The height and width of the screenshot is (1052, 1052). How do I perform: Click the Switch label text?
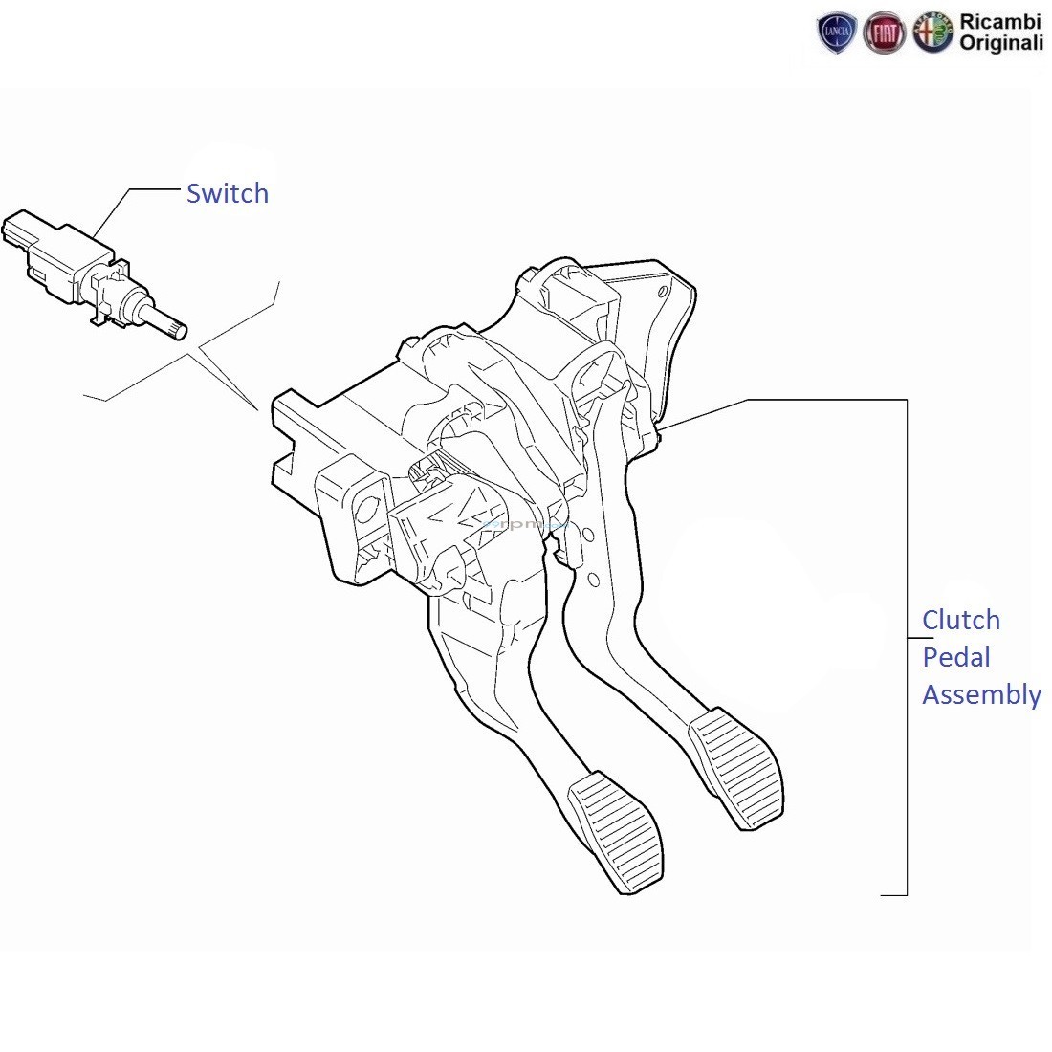pyautogui.click(x=227, y=193)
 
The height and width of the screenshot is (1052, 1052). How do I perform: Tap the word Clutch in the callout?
pyautogui.click(x=960, y=620)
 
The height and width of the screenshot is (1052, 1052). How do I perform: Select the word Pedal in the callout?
pyautogui.click(x=955, y=657)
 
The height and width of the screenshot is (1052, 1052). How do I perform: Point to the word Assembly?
pyautogui.click(x=981, y=695)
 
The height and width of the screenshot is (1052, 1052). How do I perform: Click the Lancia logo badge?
pyautogui.click(x=837, y=33)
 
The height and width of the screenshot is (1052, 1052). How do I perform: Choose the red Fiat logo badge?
pyautogui.click(x=884, y=33)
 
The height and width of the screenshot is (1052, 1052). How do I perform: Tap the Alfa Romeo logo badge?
pyautogui.click(x=932, y=33)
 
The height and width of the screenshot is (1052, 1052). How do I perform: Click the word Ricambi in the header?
pyautogui.click(x=999, y=22)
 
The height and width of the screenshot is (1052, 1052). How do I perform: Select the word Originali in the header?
pyautogui.click(x=1000, y=43)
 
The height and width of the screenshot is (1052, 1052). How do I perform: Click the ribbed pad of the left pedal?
pyautogui.click(x=616, y=830)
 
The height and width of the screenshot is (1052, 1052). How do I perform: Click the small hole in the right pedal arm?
pyautogui.click(x=592, y=580)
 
